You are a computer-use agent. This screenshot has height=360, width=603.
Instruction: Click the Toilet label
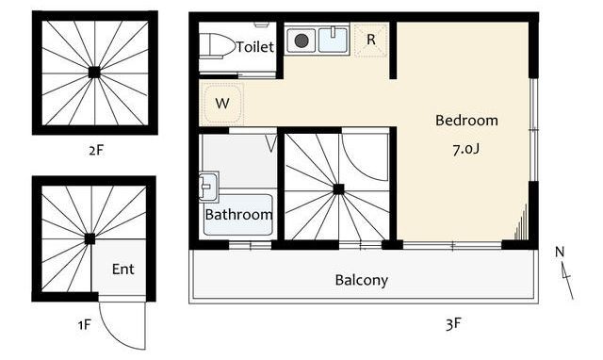(x=255, y=47)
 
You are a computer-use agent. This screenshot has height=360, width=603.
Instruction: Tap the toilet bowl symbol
(x=217, y=46)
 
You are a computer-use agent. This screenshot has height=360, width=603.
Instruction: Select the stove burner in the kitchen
(x=301, y=41)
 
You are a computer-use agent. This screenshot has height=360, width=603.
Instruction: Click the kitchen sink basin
(x=333, y=40)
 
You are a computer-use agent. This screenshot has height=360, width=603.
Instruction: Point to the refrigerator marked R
(x=370, y=40)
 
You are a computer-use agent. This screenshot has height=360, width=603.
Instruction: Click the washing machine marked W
(x=222, y=103)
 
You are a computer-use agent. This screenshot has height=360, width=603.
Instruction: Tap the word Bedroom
(x=466, y=121)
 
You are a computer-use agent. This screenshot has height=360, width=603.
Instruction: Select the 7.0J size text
(x=466, y=149)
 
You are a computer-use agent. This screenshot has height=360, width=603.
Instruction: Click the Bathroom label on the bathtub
(x=238, y=214)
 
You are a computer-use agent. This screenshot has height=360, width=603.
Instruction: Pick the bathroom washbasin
(x=208, y=188)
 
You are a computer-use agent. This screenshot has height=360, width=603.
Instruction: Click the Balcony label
(x=362, y=280)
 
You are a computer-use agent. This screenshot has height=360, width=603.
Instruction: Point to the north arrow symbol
(x=565, y=273)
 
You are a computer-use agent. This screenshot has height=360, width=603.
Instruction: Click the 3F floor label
(x=453, y=324)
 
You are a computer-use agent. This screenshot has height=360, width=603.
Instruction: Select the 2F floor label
(x=96, y=150)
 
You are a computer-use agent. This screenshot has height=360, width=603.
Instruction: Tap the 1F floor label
(x=85, y=325)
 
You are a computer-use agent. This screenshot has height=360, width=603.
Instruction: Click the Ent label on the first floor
(x=123, y=269)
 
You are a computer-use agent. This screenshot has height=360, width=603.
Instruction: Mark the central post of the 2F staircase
(x=94, y=73)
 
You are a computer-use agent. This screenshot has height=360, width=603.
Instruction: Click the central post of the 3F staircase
(x=338, y=189)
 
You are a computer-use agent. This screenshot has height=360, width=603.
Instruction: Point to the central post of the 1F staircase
(x=90, y=238)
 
